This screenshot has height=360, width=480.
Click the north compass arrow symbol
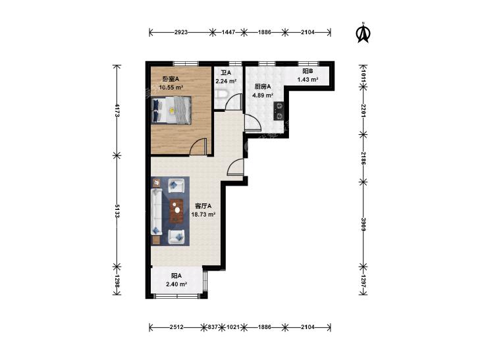click(363, 33)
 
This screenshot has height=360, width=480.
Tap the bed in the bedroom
click(171, 110)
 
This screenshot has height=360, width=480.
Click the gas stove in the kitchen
click(279, 111)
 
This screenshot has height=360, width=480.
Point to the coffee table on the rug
click(176, 211)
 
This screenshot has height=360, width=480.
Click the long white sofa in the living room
click(156, 212)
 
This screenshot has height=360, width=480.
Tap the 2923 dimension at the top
click(181, 32)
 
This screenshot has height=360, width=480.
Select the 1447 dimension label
click(228, 32)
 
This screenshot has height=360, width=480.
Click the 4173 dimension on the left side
click(117, 111)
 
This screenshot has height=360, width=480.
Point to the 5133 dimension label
click(117, 211)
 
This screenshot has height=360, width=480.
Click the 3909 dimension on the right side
click(363, 224)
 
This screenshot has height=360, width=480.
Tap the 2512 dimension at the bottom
click(176, 327)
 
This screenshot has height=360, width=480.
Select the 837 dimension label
click(213, 327)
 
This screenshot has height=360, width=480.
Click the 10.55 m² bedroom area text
click(171, 87)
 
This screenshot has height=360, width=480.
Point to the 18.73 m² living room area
click(203, 215)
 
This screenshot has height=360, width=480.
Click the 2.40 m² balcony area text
click(176, 284)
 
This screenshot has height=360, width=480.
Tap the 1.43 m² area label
click(307, 80)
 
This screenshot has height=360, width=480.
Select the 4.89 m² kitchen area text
click(263, 95)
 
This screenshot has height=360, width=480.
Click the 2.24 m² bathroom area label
click(227, 82)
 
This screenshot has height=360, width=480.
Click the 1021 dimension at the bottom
click(233, 327)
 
